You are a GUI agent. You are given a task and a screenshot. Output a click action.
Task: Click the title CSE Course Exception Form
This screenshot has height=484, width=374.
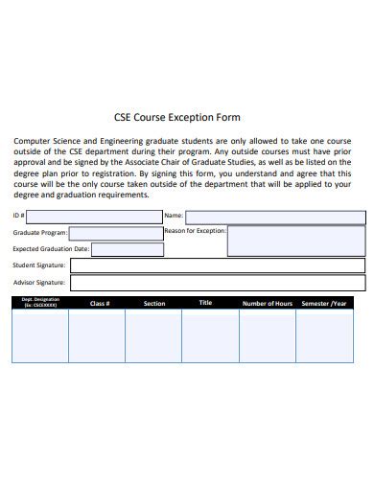click(186, 118)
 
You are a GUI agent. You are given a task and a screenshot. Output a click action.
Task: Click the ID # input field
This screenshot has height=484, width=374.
click(95, 217)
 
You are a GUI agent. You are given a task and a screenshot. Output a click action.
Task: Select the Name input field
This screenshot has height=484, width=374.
click(274, 217)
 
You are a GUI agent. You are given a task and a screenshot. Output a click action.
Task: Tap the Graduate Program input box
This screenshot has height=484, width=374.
click(115, 233)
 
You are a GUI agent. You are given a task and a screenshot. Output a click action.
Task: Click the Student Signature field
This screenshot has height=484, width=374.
click(217, 265)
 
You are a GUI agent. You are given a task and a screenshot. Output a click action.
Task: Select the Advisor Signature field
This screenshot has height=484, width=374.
click(217, 283)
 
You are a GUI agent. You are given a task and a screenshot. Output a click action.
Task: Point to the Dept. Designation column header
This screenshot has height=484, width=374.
click(39, 303)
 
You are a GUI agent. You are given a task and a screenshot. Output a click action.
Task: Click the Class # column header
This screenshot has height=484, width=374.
click(100, 304)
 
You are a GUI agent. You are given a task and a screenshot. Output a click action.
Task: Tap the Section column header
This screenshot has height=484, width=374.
click(153, 304)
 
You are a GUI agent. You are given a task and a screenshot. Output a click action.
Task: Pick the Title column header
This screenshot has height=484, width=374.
click(205, 303)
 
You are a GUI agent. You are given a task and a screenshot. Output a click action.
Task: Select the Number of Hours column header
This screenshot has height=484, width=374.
click(267, 304)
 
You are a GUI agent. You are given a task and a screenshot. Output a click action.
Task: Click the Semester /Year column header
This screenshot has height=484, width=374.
click(325, 304)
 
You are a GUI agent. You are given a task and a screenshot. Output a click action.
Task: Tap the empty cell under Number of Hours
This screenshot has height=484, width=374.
click(267, 335)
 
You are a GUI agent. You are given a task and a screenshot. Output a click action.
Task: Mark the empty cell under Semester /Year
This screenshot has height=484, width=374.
click(325, 335)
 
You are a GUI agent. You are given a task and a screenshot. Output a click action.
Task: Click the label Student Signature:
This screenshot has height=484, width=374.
click(38, 265)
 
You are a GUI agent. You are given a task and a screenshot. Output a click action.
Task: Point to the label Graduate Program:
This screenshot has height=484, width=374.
click(39, 233)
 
